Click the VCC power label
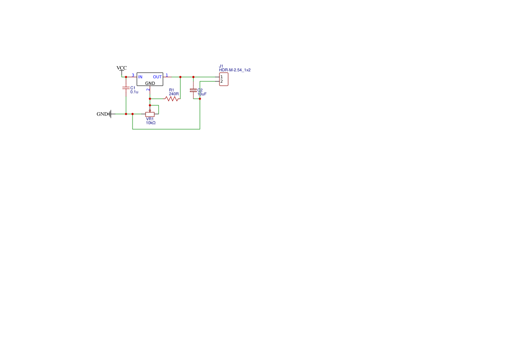pos(122,68)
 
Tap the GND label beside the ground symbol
pos(102,114)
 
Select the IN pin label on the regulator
pos(140,77)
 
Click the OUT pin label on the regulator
pos(157,77)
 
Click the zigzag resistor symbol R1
pos(172,99)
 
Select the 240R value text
pos(174,94)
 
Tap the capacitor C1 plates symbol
pos(126,88)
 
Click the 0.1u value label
pos(134,92)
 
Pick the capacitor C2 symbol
pos(193,90)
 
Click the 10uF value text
pos(202,94)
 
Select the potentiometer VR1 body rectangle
pos(150,114)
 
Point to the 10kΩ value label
pos(151,123)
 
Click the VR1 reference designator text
pos(150,119)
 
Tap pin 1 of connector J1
pos(222,77)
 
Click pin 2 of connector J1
pos(222,81)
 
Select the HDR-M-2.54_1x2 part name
pos(235,70)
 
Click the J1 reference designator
pos(221,66)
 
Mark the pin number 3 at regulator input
pos(133,75)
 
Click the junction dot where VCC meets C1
pos(126,77)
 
